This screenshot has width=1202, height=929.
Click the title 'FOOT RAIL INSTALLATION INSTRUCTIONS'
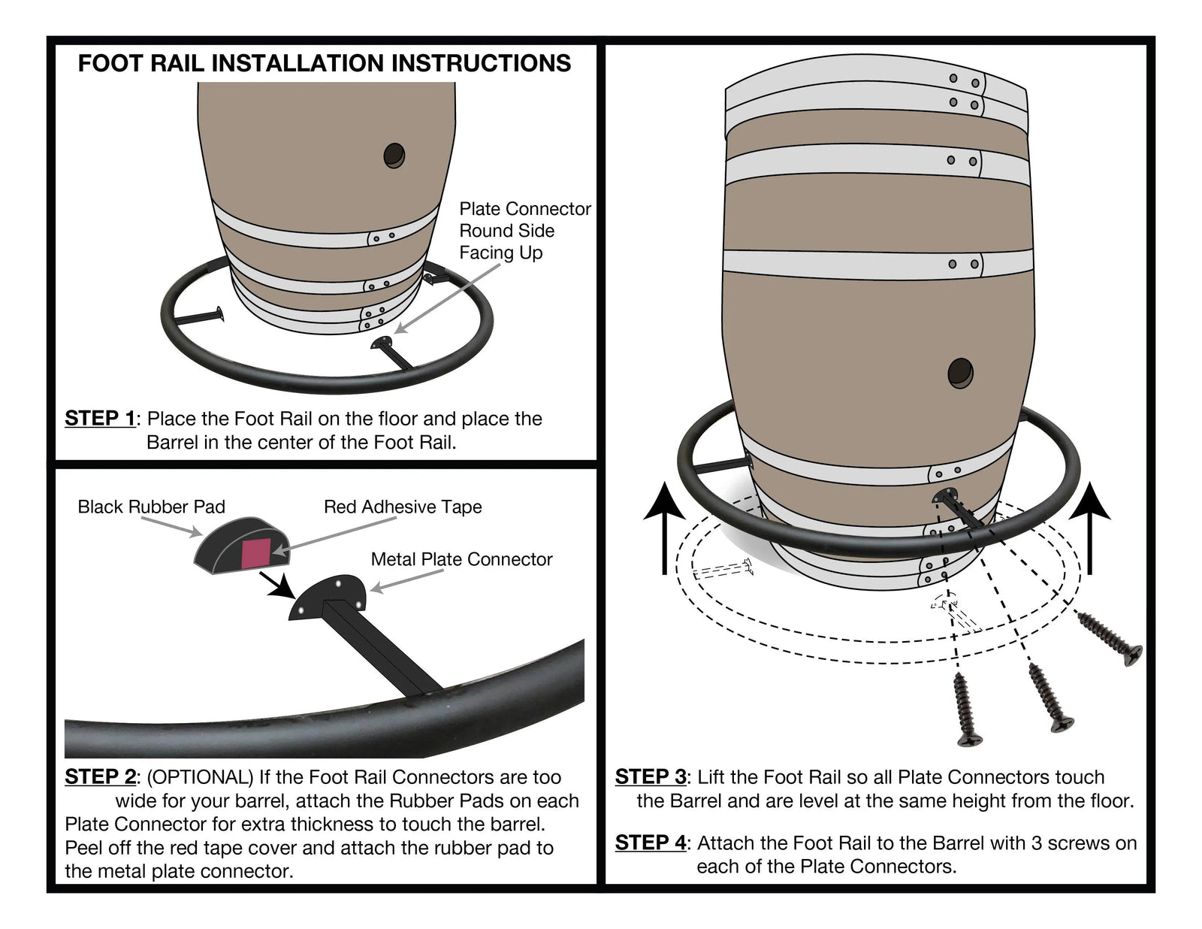[324, 63]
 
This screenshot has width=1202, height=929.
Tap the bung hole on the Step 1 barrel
[394, 156]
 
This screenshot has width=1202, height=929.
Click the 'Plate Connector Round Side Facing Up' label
[524, 231]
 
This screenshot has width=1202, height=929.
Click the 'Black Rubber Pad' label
[151, 507]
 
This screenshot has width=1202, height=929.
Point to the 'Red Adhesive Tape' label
[403, 507]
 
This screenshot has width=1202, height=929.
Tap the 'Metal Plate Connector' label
[461, 559]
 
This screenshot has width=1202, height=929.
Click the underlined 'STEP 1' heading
[100, 418]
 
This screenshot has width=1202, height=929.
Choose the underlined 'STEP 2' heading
[100, 776]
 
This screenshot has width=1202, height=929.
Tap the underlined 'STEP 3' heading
[651, 776]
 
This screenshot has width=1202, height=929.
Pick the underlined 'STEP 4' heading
[651, 843]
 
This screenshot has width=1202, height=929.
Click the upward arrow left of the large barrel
[664, 529]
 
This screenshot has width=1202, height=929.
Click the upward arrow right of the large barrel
[1089, 529]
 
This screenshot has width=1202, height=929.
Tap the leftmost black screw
[966, 710]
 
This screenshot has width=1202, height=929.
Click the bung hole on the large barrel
[960, 373]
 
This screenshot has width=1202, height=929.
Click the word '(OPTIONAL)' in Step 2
[197, 776]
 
